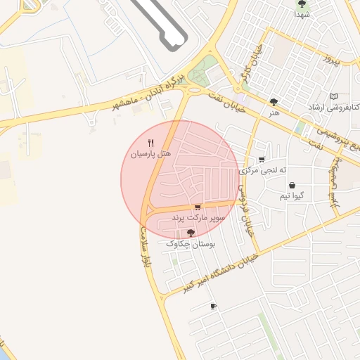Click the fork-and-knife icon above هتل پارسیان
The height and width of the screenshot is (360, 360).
150,142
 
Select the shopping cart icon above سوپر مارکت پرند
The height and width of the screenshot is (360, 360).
198,207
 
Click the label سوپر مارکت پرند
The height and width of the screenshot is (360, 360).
198,219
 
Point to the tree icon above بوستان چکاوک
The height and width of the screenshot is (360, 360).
190,232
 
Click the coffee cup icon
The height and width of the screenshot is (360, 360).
214,306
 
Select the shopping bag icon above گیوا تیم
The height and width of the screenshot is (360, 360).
291,186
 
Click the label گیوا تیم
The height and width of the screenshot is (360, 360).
291,196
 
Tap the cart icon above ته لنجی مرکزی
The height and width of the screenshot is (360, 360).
262,160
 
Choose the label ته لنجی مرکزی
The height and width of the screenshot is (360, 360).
264,170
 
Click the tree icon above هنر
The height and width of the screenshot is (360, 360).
274,102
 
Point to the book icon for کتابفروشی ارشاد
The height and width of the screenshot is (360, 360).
333,96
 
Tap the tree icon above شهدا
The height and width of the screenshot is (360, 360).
302,4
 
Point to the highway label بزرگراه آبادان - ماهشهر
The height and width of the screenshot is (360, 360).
148,94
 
